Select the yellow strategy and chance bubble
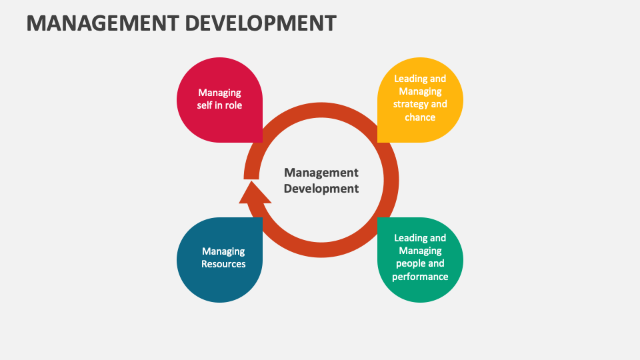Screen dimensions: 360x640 click(420, 100)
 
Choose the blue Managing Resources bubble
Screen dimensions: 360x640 click(219, 260)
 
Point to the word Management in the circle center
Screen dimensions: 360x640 click(321, 173)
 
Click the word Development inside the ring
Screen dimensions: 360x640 click(321, 189)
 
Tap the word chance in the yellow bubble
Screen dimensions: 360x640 click(420, 117)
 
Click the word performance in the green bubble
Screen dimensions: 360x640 click(420, 276)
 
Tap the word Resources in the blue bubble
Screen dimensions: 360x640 click(223, 264)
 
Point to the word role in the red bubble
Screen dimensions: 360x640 click(234, 105)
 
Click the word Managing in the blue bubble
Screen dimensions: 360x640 click(223, 251)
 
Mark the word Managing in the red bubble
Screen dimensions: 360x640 click(219, 93)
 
